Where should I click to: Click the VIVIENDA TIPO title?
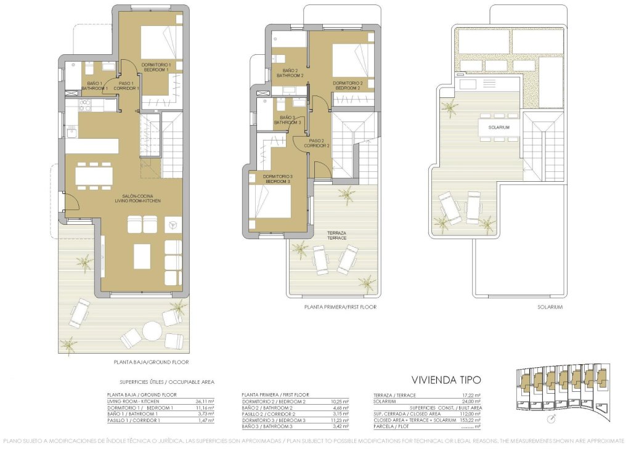coord(446,380)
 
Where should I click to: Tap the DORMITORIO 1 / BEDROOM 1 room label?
coord(156,67)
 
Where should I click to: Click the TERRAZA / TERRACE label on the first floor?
coord(336,235)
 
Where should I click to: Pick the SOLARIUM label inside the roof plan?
coord(500,127)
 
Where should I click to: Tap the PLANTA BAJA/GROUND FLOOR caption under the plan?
coord(152,362)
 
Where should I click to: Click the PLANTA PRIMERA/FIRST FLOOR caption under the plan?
coord(340,306)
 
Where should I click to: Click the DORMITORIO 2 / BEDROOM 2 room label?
coord(348,85)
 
